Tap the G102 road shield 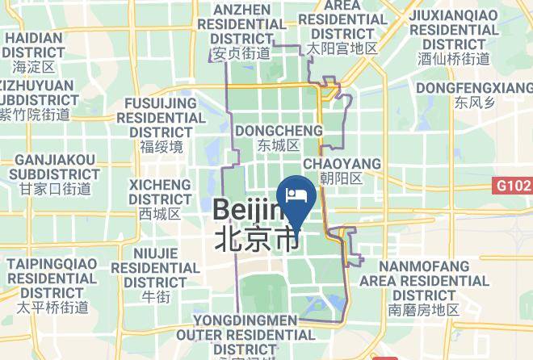click(x=513, y=186)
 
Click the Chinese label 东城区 click(x=279, y=146)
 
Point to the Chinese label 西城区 click(x=160, y=214)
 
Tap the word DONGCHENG click(x=279, y=131)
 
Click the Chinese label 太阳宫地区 click(x=342, y=48)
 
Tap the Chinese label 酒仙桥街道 click(x=454, y=58)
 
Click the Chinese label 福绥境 click(x=162, y=147)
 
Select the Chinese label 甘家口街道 click(x=55, y=189)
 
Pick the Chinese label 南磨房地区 click(x=423, y=310)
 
